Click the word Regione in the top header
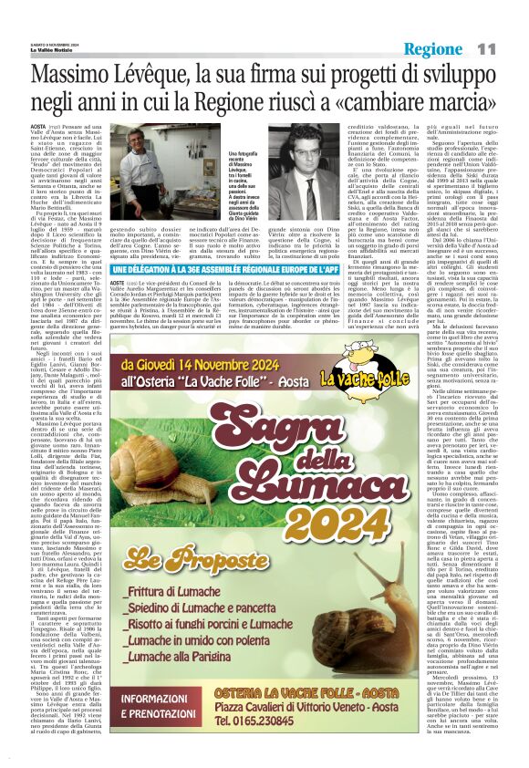click(433, 48)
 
